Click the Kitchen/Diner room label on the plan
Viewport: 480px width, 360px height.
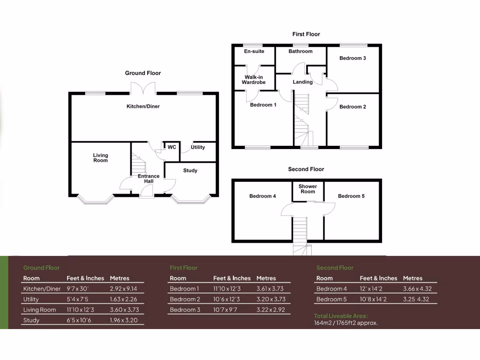tap(143, 106)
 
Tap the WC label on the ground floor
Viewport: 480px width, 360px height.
tap(172, 147)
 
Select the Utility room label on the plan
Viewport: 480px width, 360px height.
tap(198, 147)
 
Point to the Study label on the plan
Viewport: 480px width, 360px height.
tap(190, 171)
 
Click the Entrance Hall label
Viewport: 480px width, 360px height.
tap(149, 179)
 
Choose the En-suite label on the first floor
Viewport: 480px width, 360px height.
tap(254, 52)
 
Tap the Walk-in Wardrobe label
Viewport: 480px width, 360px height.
tap(254, 80)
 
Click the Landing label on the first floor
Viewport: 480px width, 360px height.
tap(303, 82)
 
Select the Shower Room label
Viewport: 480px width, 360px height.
tap(307, 189)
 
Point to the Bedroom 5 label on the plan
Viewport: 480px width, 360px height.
tap(351, 196)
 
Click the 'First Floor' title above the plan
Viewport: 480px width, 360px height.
tap(306, 34)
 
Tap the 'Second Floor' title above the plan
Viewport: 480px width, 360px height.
tap(306, 169)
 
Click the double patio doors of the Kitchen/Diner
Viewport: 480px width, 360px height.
tap(142, 89)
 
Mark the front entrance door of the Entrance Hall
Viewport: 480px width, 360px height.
tap(147, 190)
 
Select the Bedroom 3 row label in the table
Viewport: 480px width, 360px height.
tap(185, 310)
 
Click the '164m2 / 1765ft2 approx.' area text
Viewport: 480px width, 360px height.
tap(345, 323)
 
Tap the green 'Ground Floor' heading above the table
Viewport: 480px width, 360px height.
tap(42, 268)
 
